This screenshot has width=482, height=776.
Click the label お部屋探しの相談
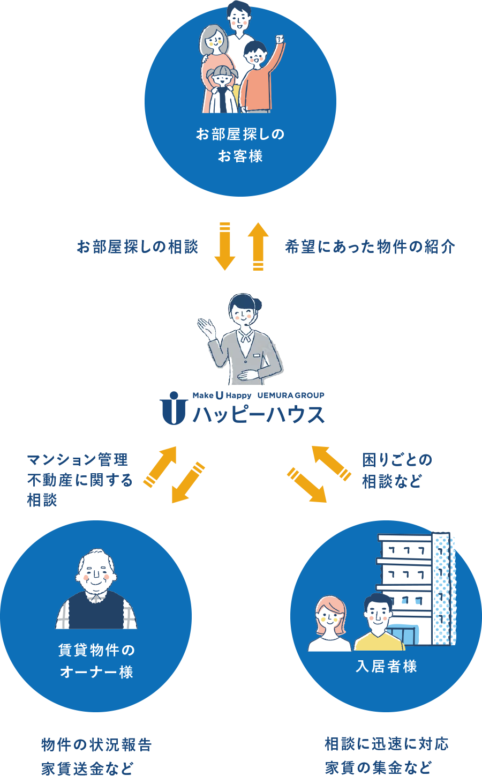pyautogui.click(x=138, y=247)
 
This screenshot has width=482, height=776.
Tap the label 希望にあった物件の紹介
pyautogui.click(x=370, y=247)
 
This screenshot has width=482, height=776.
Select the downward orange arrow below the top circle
pyautogui.click(x=225, y=246)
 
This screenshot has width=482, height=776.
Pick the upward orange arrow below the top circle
pyautogui.click(x=258, y=246)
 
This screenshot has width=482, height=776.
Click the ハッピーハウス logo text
pyautogui.click(x=258, y=414)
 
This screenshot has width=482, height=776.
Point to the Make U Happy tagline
pyautogui.click(x=222, y=396)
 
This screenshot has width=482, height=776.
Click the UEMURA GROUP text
pyautogui.click(x=291, y=396)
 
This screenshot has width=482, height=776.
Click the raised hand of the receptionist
pyautogui.click(x=206, y=326)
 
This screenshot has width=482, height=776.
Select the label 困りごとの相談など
pyautogui.click(x=397, y=471)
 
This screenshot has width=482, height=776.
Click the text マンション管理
pyautogui.click(x=78, y=460)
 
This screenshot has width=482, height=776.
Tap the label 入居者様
pyautogui.click(x=386, y=666)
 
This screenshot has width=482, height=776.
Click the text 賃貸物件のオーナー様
pyautogui.click(x=96, y=661)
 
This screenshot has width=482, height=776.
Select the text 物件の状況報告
pyautogui.click(x=96, y=745)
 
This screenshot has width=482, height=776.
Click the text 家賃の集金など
pyautogui.click(x=378, y=767)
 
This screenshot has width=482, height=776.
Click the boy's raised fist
pyautogui.click(x=278, y=40)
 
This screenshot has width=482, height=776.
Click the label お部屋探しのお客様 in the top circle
pyautogui.click(x=240, y=145)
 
